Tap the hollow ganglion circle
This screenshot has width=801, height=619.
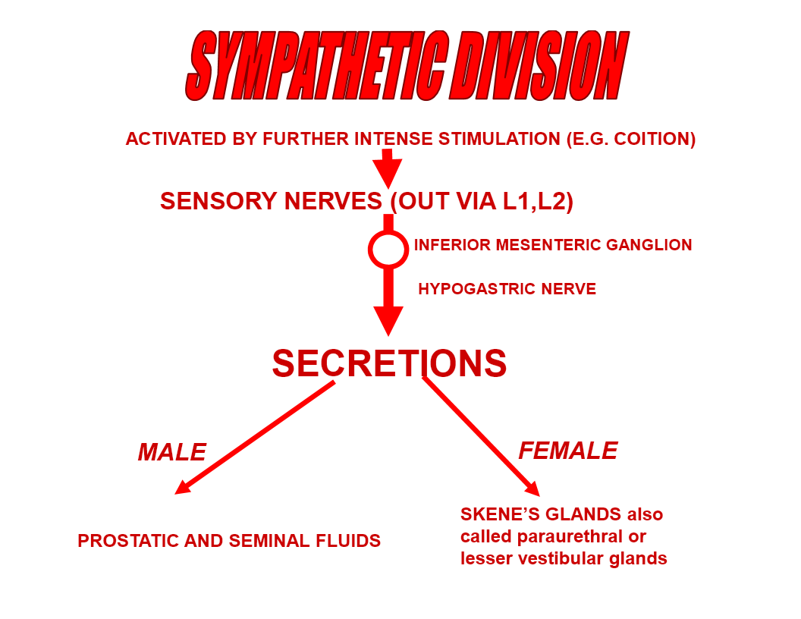[x=388, y=250]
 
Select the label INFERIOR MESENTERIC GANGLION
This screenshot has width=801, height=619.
[x=553, y=245]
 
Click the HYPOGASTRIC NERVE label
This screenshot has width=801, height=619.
[x=507, y=288]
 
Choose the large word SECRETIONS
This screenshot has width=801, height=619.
[x=389, y=363]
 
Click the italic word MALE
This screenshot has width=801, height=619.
[x=171, y=452]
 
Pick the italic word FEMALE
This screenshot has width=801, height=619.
[x=567, y=451]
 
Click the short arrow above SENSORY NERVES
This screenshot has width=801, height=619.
[x=388, y=168]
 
